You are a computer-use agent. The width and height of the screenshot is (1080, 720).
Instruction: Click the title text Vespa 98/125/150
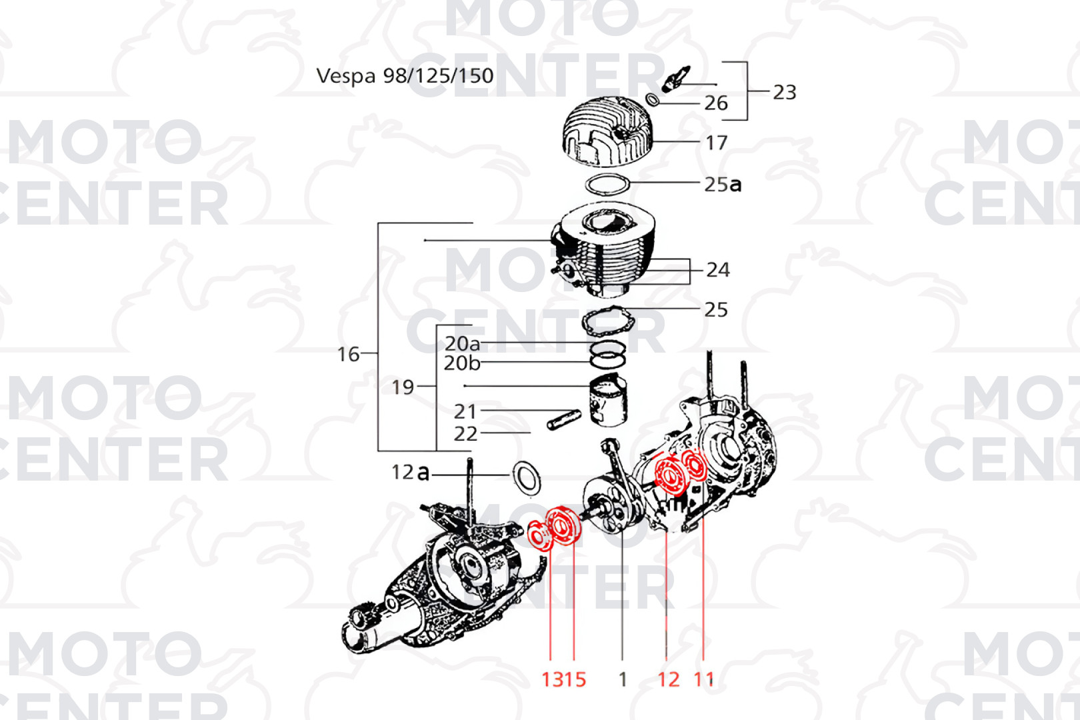(405, 76)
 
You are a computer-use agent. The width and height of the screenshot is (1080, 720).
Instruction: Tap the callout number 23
(785, 92)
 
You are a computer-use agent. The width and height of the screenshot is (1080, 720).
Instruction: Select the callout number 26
(716, 103)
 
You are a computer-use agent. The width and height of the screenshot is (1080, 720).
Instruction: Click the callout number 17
(717, 143)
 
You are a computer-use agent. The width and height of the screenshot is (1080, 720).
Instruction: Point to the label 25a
(723, 184)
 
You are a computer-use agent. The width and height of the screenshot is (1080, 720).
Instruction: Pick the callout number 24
(718, 269)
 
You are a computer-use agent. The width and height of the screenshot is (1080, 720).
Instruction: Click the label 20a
(463, 344)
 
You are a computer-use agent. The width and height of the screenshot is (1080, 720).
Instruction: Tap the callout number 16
(348, 355)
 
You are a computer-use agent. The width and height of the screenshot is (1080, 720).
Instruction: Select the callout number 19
(403, 387)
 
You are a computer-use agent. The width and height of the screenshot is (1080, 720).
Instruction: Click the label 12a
(410, 473)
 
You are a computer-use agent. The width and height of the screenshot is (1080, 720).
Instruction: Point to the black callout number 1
(623, 679)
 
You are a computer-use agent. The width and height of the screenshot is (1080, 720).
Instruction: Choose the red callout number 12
(669, 679)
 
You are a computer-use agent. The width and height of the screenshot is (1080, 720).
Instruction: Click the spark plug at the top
(676, 79)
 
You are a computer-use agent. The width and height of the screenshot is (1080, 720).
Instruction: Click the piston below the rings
(609, 399)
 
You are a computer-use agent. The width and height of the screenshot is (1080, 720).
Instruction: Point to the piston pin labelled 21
(563, 419)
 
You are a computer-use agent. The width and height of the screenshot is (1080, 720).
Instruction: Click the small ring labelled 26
(653, 100)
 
